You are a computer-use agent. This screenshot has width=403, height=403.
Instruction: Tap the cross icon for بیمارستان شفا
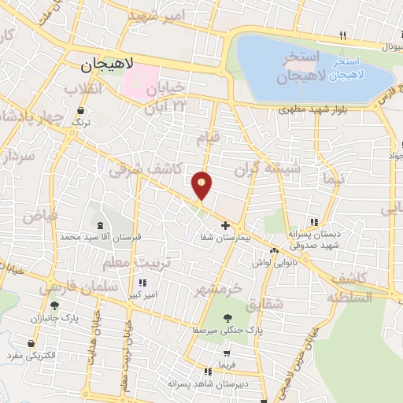226,226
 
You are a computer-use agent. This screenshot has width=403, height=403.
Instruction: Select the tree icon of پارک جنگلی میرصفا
227,318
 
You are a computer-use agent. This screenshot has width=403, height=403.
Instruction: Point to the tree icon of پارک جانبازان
54,305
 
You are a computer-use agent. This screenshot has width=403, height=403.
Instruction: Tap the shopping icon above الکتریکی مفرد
31,344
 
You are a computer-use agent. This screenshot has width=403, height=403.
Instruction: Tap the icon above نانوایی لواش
274,251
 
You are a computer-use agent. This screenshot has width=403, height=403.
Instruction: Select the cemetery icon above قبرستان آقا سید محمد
98,226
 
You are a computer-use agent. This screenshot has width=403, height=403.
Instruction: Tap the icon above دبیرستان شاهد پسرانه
208,372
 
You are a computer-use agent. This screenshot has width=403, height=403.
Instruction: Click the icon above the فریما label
227,353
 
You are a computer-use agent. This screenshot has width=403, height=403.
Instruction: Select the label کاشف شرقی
146,168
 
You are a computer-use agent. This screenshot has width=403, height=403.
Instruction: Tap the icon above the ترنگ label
76,110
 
